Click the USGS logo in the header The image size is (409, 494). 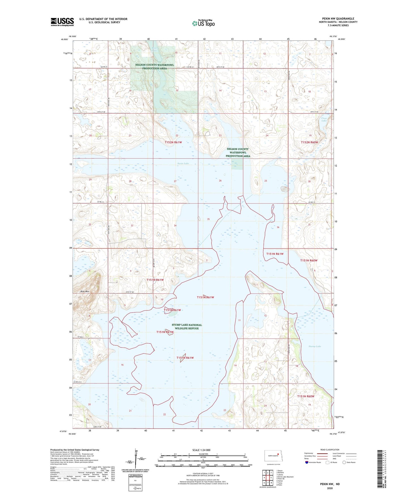coord(62,22)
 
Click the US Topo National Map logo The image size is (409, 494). coord(203,23)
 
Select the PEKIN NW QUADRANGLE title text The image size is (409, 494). coord(338,19)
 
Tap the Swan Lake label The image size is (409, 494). coord(183,164)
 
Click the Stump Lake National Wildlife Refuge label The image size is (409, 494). coord(187,327)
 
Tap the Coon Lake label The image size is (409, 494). coord(324,119)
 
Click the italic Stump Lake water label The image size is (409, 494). coord(315,346)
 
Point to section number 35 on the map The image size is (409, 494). coord(208,219)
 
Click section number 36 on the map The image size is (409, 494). coord(278,227)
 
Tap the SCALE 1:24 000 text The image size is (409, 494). coord(201,450)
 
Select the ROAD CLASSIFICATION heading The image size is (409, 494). coord(330,450)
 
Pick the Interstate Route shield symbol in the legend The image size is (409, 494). coord(307,462)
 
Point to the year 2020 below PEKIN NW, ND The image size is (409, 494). coord(330,488)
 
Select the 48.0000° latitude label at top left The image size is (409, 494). coord(64,40)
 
